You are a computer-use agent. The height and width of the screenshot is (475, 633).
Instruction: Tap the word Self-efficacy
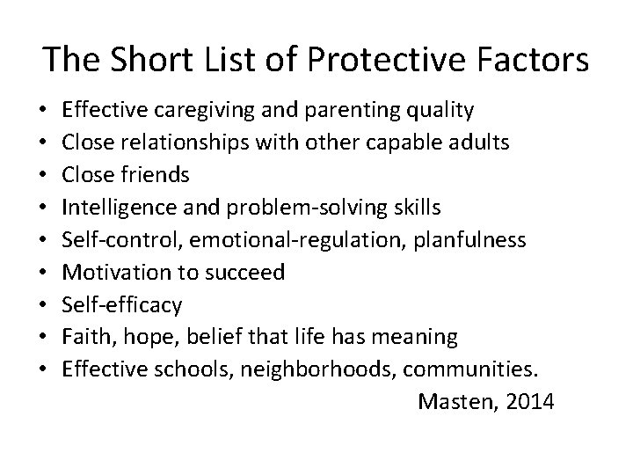coord(122,305)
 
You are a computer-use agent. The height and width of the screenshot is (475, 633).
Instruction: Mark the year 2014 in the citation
coord(526,402)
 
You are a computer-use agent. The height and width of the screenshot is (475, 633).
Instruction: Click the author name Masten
coord(454,402)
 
